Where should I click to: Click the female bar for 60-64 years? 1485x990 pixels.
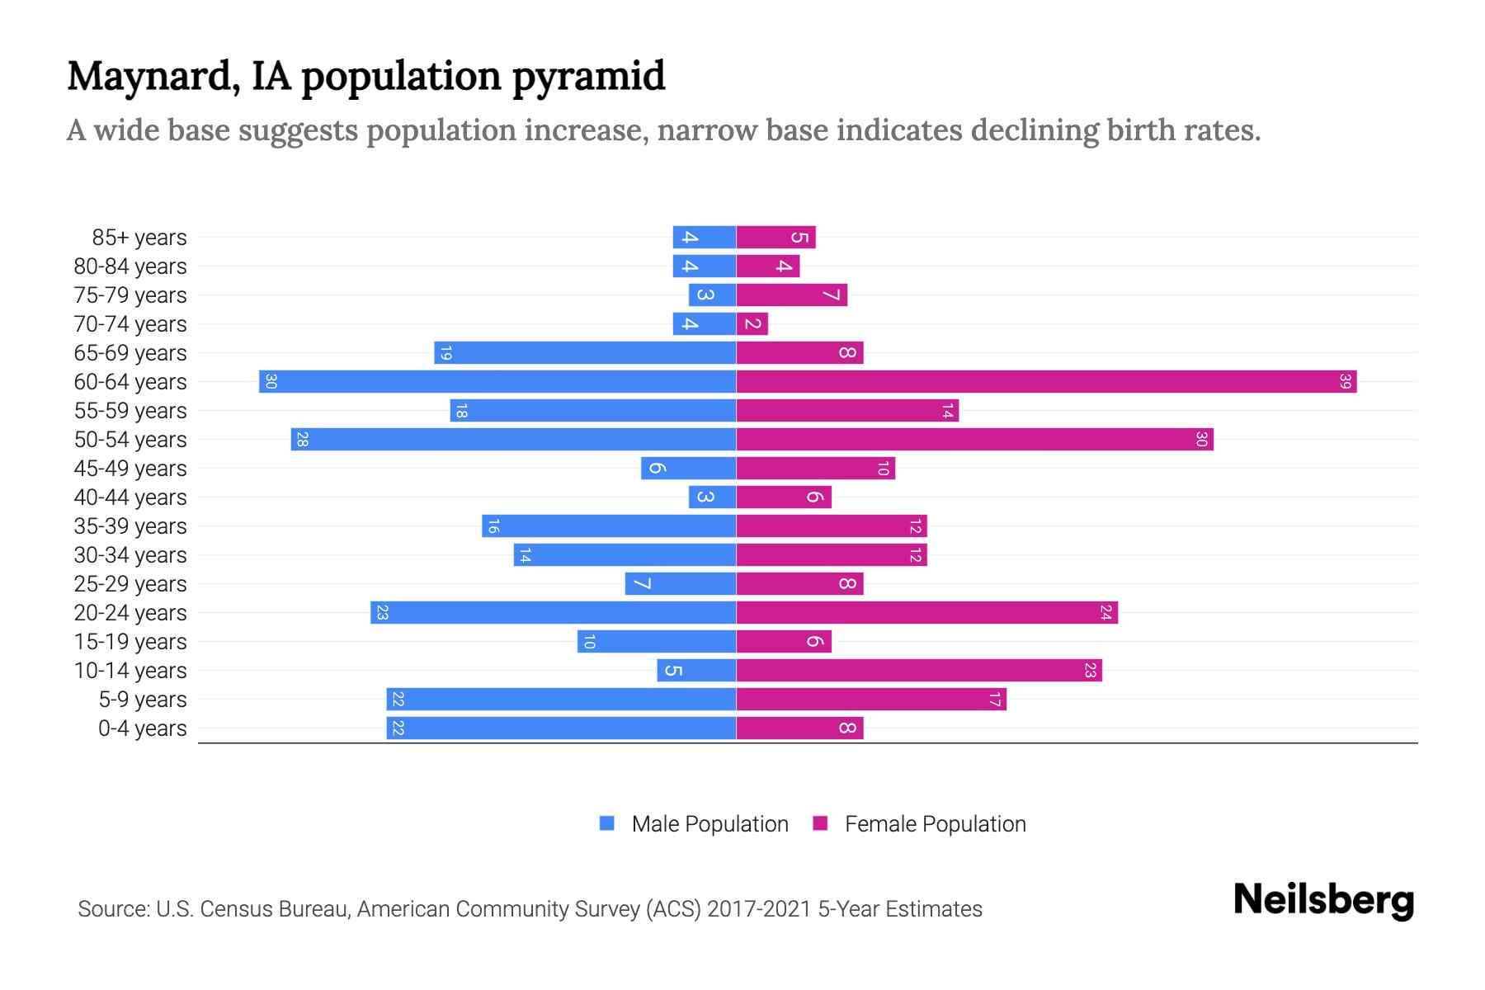point(1046,382)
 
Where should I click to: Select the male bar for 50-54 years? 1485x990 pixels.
point(513,440)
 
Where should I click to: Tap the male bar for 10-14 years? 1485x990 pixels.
point(696,671)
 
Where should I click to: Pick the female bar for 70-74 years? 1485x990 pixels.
point(752,324)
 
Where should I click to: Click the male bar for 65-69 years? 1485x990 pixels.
point(585,353)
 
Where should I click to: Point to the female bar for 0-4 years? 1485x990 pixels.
point(799,728)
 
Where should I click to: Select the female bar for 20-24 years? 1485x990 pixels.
point(926,613)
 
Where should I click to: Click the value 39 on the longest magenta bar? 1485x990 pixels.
point(1345,382)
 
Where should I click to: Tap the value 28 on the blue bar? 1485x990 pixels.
point(302,440)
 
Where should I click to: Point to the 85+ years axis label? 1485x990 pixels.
point(139,238)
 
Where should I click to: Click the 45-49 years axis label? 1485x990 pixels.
point(130,469)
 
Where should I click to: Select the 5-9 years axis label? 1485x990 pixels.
point(143,700)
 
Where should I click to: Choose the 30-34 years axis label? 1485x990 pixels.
point(130,555)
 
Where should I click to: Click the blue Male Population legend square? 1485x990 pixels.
point(607,823)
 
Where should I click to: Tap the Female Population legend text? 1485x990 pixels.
point(935,824)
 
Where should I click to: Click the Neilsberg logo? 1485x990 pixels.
point(1323,900)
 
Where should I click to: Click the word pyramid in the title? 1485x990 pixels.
point(588,77)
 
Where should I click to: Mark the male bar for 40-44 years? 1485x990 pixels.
point(712,497)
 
